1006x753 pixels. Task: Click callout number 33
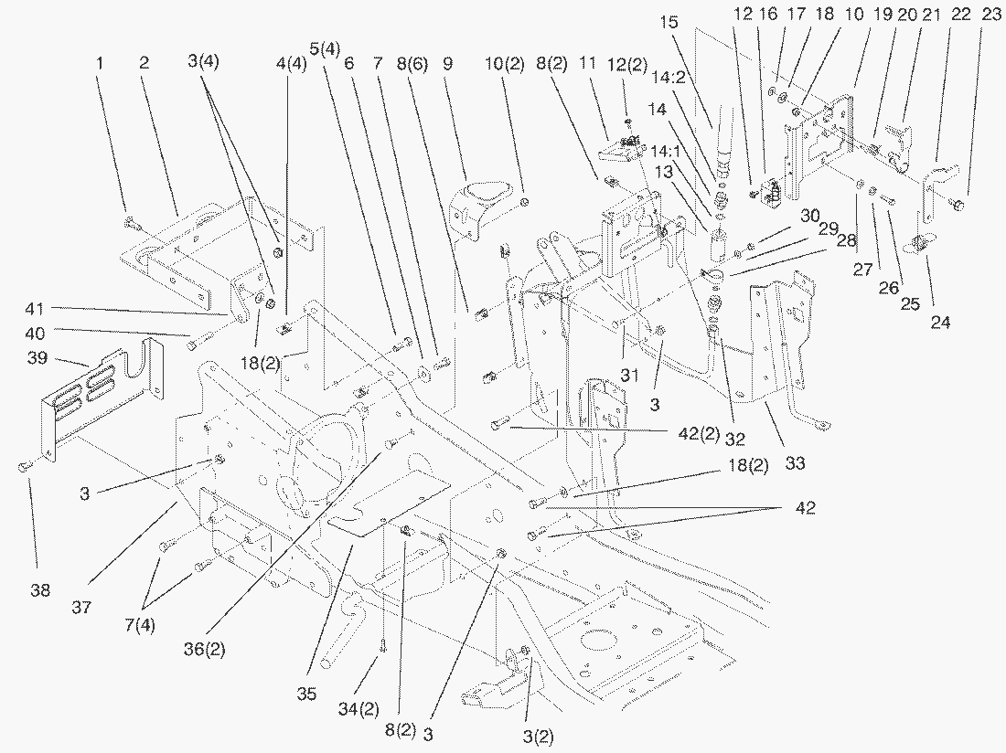coord(795,463)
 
